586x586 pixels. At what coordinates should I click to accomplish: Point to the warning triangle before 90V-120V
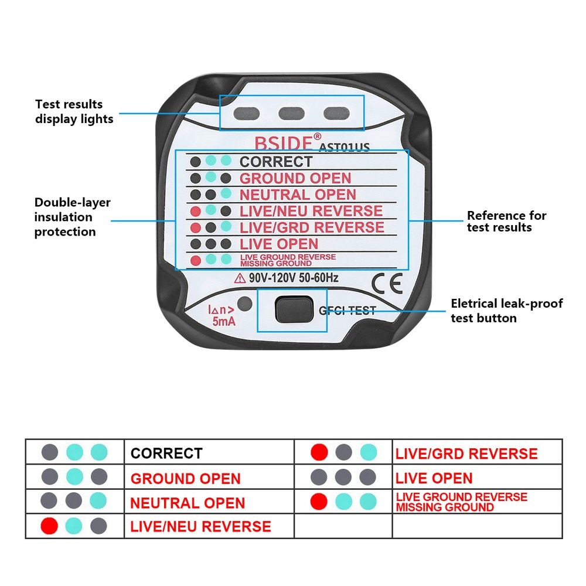pyautogui.click(x=240, y=278)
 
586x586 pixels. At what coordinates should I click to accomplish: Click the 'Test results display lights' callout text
pyautogui.click(x=73, y=111)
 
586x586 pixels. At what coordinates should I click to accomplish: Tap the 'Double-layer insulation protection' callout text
pyautogui.click(x=72, y=217)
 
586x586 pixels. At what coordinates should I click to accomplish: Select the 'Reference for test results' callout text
pyautogui.click(x=506, y=221)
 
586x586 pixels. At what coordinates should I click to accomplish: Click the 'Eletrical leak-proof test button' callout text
pyautogui.click(x=506, y=311)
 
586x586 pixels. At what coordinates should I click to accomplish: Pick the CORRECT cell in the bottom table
pyautogui.click(x=166, y=453)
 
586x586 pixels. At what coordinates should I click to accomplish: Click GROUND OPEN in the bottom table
pyautogui.click(x=185, y=478)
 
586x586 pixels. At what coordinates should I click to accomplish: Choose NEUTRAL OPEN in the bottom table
pyautogui.click(x=188, y=503)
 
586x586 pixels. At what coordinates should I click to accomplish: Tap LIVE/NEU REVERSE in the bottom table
pyautogui.click(x=200, y=526)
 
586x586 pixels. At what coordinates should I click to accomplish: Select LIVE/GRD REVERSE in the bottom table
pyautogui.click(x=466, y=454)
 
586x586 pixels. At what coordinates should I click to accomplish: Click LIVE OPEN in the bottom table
pyautogui.click(x=434, y=478)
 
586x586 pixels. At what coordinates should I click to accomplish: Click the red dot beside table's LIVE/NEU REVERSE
pyautogui.click(x=49, y=526)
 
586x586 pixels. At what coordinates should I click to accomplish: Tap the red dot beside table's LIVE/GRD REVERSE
pyautogui.click(x=319, y=452)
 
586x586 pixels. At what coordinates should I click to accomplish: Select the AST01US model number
pyautogui.click(x=344, y=147)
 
